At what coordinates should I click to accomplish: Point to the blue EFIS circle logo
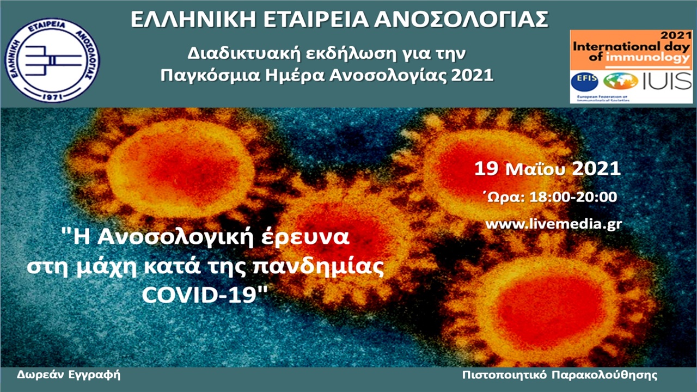(x=584, y=81)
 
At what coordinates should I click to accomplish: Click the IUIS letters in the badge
(x=668, y=81)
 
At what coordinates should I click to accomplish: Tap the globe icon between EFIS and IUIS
(x=621, y=81)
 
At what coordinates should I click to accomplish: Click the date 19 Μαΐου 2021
(x=547, y=169)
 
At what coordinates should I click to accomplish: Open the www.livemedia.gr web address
(x=553, y=224)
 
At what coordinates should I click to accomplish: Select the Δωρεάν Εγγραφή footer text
(x=69, y=375)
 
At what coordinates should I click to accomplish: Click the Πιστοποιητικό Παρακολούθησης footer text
(x=559, y=375)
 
